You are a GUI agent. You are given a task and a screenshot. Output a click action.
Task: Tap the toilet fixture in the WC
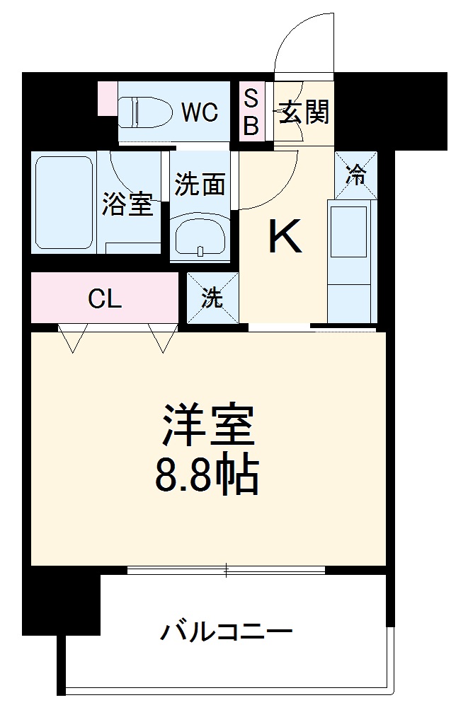click(145, 112)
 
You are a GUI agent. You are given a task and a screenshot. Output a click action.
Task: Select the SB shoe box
click(251, 112)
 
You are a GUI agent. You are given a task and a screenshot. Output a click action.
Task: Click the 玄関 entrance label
click(303, 112)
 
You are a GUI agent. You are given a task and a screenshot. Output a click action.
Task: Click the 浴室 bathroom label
click(127, 205)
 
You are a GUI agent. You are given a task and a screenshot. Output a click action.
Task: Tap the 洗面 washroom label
click(200, 185)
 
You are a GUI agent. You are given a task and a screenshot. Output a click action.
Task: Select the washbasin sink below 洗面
click(200, 238)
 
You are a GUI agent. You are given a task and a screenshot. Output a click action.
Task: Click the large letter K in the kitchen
click(285, 238)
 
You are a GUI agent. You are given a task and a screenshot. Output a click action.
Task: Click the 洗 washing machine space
click(212, 298)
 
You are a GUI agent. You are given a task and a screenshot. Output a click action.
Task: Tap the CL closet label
click(105, 299)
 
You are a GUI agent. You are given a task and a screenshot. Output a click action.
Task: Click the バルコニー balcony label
click(225, 631)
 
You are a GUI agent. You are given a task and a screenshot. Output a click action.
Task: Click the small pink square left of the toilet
click(107, 98)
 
